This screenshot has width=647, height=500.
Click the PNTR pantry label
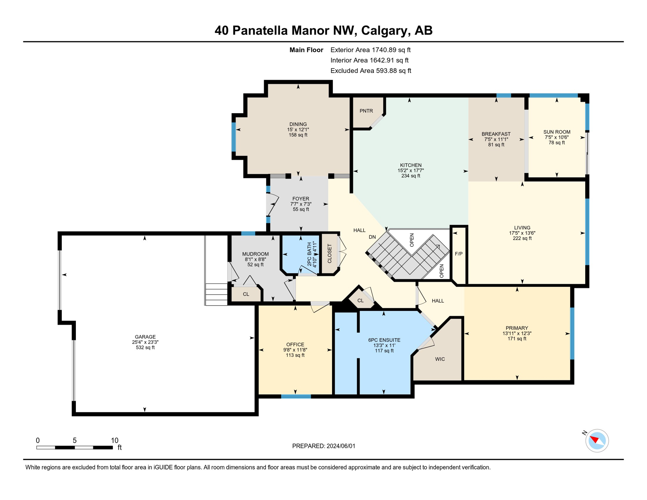366,111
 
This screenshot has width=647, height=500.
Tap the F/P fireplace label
459,254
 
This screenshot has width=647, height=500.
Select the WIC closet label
440,359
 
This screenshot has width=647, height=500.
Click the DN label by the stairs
372,237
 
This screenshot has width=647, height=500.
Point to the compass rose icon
597,441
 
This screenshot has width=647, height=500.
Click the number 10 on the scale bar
115,440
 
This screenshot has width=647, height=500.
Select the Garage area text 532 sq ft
145,348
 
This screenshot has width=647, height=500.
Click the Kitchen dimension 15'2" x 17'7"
411,171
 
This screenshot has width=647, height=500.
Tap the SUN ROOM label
557,132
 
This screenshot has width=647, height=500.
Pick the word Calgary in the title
384,30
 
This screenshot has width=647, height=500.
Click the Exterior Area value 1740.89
384,50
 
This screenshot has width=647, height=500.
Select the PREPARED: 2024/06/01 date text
323,446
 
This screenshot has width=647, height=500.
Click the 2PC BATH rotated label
309,254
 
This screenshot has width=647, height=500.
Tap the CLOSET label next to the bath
329,254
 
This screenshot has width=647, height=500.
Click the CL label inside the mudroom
246,294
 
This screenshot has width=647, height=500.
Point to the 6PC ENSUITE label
384,340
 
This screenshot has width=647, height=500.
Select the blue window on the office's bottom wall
296,396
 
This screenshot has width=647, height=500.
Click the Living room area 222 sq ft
522,238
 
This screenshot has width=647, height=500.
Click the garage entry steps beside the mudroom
216,294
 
